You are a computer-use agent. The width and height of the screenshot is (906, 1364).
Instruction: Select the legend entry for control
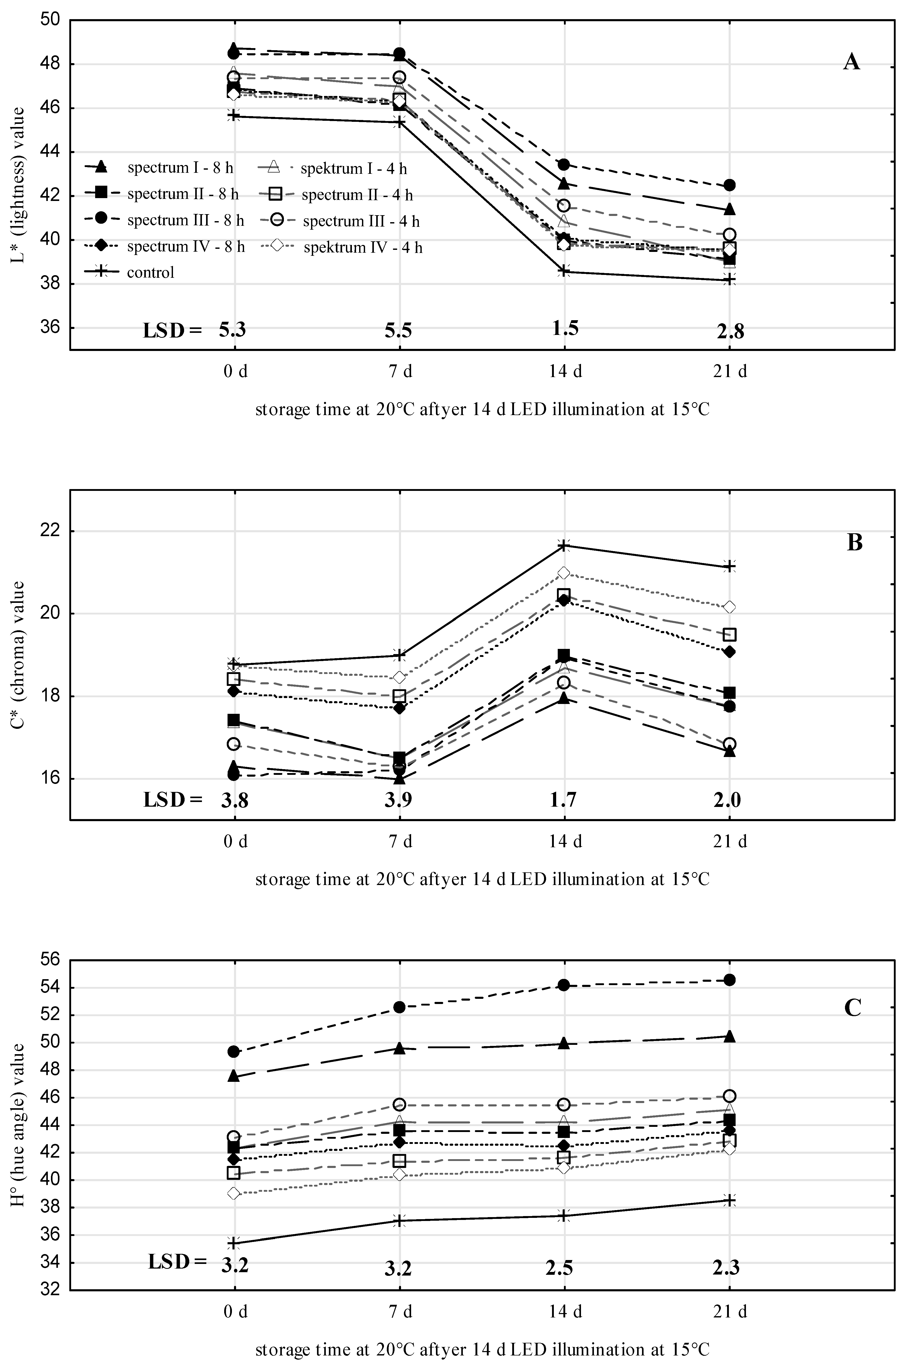[x=150, y=272]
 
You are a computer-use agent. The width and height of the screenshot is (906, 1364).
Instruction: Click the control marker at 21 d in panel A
[x=730, y=280]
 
